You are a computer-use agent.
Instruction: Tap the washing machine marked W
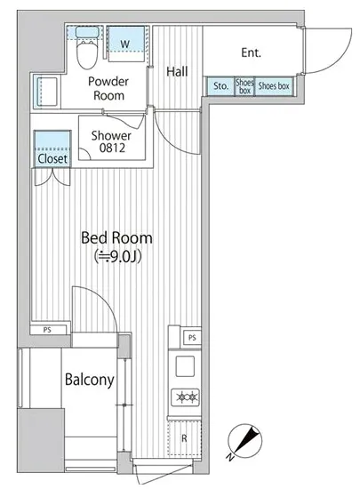tap(126, 44)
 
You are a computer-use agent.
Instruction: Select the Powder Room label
tap(108, 88)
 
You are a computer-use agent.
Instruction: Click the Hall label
tap(177, 71)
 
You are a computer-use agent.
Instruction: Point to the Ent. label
tap(252, 52)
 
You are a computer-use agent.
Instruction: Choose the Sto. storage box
tap(220, 85)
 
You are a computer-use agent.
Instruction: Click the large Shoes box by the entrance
tap(274, 85)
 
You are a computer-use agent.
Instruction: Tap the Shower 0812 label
tap(111, 141)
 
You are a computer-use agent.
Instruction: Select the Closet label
tap(52, 159)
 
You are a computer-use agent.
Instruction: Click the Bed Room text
tap(116, 237)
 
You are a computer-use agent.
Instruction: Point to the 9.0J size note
tap(118, 256)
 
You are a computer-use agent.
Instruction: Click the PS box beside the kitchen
tap(192, 338)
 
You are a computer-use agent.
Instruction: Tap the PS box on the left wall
tap(48, 330)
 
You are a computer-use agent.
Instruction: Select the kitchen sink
tap(185, 366)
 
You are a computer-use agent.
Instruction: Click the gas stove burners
tap(185, 397)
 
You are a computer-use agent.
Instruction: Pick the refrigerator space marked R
tap(184, 438)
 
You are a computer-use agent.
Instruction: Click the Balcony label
tap(90, 380)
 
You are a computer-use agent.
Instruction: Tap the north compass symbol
tap(244, 441)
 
